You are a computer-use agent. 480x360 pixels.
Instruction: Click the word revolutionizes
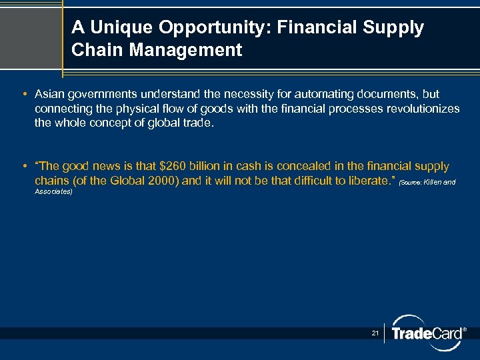pyautogui.click(x=423, y=109)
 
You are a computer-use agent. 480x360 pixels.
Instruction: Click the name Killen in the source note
pyautogui.click(x=434, y=182)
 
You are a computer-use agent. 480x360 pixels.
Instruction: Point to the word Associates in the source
pyautogui.click(x=53, y=193)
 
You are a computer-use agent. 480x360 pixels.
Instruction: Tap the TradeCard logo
pyautogui.click(x=427, y=333)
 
